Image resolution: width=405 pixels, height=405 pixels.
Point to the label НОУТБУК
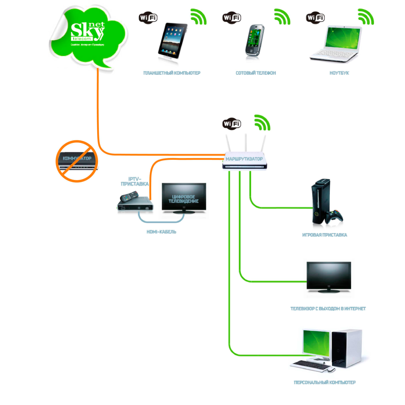tap(339, 73)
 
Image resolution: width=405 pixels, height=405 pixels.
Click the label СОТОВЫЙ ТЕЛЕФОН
tap(256, 73)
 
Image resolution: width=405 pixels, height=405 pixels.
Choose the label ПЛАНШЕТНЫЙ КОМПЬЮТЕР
tap(172, 73)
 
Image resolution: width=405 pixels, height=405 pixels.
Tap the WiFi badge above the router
tap(232, 124)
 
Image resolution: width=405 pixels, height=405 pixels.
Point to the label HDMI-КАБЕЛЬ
tap(161, 232)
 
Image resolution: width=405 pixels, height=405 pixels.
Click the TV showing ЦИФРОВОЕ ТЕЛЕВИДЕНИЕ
tap(184, 198)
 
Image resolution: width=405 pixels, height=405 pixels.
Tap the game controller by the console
tap(335, 216)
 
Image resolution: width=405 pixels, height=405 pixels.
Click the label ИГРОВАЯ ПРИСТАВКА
tap(325, 235)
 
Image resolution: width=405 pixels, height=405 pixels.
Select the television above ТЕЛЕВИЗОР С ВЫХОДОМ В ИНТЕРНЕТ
tap(328, 277)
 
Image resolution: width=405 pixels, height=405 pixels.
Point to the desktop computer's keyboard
tap(308, 364)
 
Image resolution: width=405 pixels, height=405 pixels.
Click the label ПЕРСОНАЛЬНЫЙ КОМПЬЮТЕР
tap(324, 383)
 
